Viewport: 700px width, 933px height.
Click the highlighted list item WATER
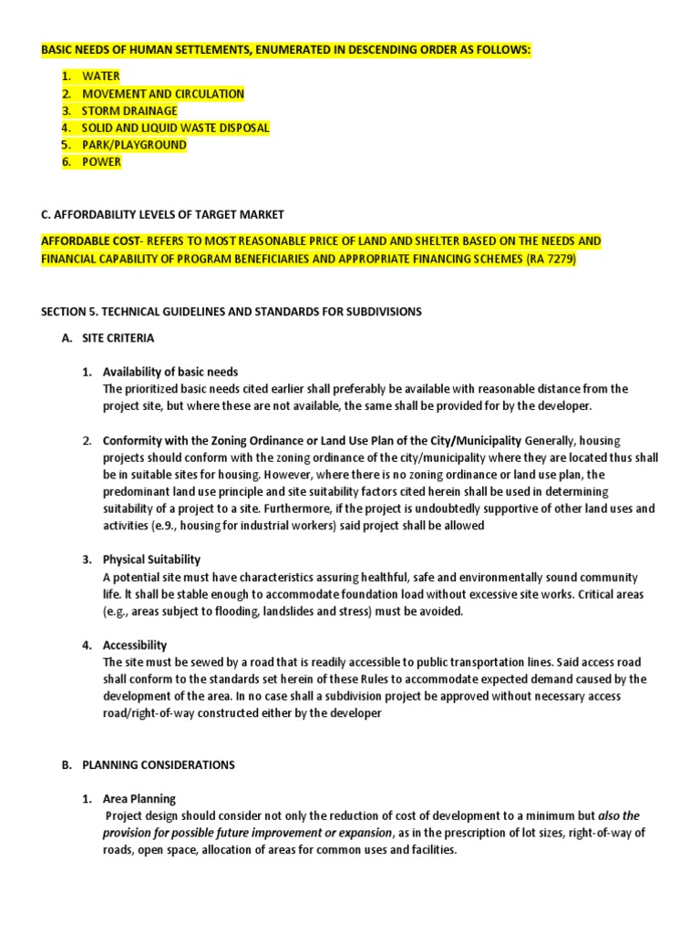click(100, 77)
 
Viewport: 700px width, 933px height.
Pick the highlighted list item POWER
click(101, 162)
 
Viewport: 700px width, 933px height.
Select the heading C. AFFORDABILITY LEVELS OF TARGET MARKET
click(162, 214)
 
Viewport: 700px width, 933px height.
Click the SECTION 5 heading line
click(232, 312)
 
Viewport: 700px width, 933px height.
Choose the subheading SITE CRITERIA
click(118, 338)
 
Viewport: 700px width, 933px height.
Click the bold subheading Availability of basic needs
click(170, 372)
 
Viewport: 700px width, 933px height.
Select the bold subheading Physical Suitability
click(151, 559)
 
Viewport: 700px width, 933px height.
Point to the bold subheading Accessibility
click(135, 645)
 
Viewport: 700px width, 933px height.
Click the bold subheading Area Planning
click(139, 799)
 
